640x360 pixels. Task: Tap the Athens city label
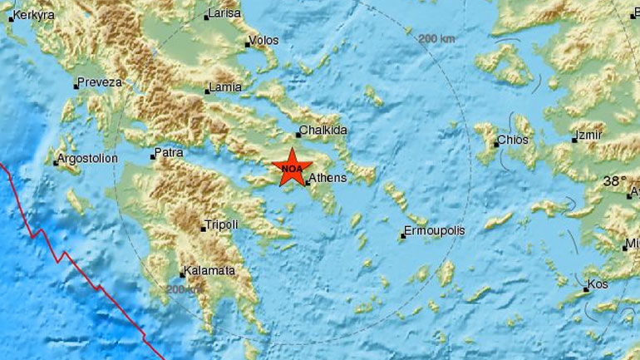click(x=328, y=178)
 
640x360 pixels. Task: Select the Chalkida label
click(x=325, y=131)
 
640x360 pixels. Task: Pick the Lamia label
click(x=227, y=87)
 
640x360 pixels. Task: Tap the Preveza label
click(x=101, y=82)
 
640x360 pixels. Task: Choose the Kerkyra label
click(x=32, y=15)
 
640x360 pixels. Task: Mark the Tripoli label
click(x=223, y=225)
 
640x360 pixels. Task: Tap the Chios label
click(x=513, y=141)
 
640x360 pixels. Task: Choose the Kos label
click(x=598, y=284)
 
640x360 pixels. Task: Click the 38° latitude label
click(x=616, y=180)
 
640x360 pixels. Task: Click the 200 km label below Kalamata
click(x=184, y=289)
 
